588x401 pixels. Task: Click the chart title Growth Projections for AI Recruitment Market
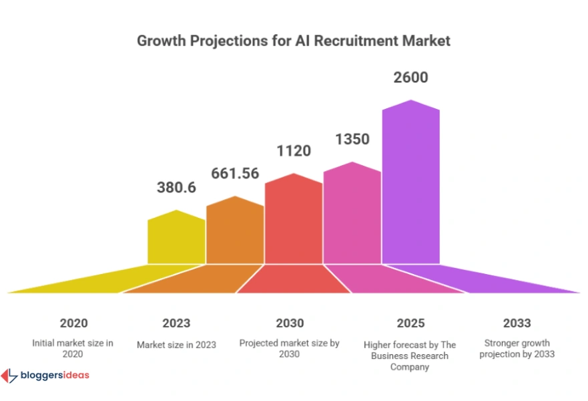(x=294, y=41)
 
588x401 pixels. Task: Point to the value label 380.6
(x=176, y=188)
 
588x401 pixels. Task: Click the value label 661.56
(x=235, y=173)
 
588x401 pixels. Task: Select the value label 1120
(x=294, y=151)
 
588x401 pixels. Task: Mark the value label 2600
(x=411, y=78)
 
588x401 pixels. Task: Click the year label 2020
(x=73, y=323)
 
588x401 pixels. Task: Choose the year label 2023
(x=176, y=323)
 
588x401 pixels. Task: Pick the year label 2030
(x=290, y=323)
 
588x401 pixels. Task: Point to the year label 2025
(x=410, y=323)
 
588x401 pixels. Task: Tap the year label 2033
(x=517, y=323)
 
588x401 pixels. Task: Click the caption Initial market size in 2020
(x=73, y=348)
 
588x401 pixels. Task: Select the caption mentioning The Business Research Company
(x=410, y=356)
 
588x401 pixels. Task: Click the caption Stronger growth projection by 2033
(x=517, y=348)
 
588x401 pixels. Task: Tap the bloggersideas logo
(x=45, y=376)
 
